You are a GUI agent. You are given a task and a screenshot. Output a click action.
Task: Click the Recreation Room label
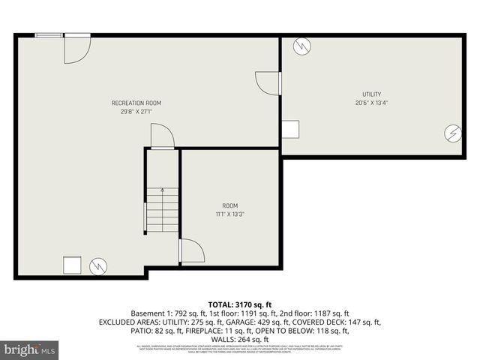[136, 103]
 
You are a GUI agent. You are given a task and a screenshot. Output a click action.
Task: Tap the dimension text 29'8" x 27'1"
[136, 112]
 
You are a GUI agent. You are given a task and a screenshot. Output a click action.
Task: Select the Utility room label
[372, 94]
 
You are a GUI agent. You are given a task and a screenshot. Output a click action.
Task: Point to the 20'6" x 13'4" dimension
[372, 103]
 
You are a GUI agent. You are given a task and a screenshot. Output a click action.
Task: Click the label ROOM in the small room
[229, 205]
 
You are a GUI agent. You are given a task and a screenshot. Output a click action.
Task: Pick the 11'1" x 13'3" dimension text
[229, 214]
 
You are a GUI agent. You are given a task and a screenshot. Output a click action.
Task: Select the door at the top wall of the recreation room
[76, 48]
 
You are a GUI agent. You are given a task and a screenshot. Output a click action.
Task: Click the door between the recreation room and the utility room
[268, 82]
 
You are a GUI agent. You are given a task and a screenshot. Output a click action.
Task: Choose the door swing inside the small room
[191, 250]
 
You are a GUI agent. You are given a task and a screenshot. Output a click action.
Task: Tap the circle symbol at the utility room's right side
[452, 133]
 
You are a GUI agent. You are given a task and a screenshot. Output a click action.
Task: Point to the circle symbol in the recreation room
[97, 265]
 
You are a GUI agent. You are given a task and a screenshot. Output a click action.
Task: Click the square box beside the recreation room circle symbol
[73, 265]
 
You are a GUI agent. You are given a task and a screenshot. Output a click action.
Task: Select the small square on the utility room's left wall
[289, 129]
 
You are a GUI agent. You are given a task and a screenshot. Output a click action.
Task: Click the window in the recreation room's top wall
[49, 34]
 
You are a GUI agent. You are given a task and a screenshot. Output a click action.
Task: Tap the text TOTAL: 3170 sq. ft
[239, 304]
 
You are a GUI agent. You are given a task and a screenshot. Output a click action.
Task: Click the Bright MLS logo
[30, 349]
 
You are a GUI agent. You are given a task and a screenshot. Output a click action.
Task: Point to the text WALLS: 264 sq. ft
[240, 338]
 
